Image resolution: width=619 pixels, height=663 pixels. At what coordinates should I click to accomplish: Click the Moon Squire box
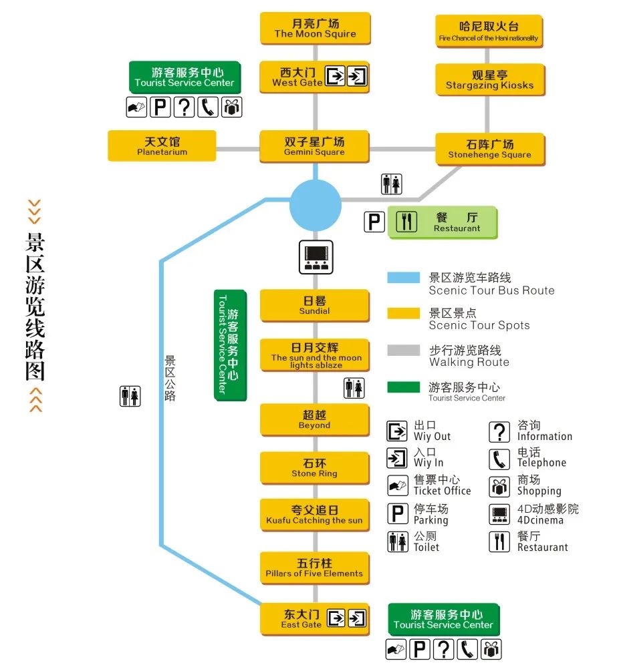coord(315,29)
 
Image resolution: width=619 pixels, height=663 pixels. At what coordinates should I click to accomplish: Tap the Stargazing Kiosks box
coord(489,80)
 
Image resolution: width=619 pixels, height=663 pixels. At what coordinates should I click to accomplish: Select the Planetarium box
coord(162,146)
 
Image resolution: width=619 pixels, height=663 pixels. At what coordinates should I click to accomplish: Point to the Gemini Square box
coord(314,146)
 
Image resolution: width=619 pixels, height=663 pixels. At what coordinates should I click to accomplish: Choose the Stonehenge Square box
coord(489,149)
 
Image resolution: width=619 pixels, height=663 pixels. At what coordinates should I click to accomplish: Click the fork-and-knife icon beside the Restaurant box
coord(406,222)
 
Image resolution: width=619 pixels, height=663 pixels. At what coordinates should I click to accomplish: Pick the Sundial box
coord(314,305)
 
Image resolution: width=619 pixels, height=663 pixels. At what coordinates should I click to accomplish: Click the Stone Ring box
coord(314,467)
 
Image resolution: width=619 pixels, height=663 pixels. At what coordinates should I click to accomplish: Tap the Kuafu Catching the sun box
coord(314,515)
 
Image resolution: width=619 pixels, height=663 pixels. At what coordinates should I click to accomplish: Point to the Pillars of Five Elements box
coord(314,568)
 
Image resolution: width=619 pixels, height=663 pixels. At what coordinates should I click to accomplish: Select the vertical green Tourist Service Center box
coord(229,345)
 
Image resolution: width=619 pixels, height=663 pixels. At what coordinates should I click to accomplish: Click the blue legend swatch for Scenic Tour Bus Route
coord(403,278)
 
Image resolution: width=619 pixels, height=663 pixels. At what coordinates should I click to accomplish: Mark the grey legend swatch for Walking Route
coord(403,351)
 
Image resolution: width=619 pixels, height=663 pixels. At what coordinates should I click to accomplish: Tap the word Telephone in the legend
coord(541,463)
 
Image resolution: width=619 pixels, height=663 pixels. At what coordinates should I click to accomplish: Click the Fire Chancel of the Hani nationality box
coord(488,32)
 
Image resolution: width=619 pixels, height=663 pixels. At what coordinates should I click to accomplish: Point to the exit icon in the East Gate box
coord(336,618)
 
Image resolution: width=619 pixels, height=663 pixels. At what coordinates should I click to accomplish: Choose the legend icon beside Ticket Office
coord(397,485)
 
